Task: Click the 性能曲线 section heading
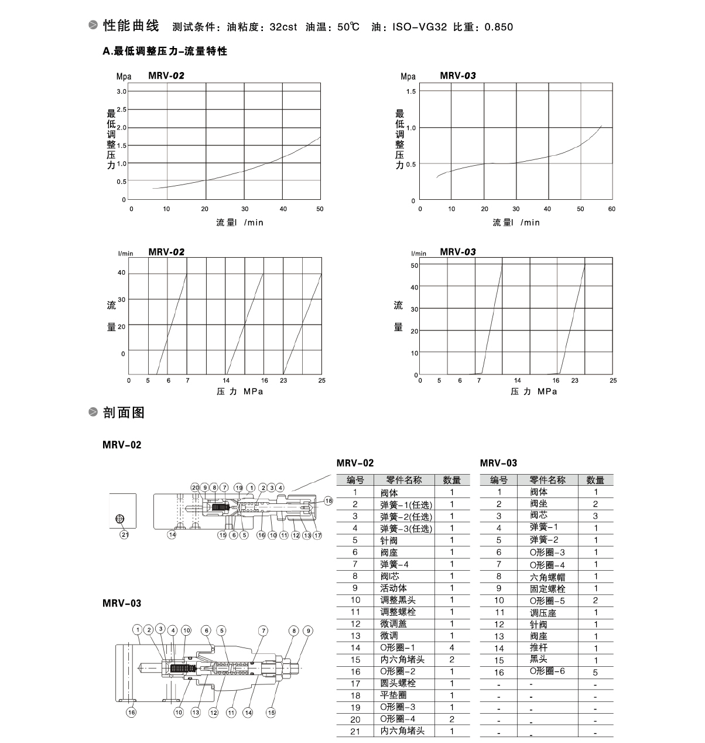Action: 131,26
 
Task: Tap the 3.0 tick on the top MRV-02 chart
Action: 121,91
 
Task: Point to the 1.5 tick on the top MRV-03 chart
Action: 410,91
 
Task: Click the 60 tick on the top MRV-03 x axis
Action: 612,209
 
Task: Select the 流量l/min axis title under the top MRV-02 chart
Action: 239,223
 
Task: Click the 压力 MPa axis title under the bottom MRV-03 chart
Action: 533,391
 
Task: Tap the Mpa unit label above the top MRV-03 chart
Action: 408,76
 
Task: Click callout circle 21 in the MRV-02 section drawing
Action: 124,534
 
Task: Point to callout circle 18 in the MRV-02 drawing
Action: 328,501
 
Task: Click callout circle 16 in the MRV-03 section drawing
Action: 131,713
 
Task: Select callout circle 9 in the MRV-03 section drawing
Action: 308,630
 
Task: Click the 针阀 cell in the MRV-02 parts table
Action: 389,540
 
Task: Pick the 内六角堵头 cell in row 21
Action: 402,731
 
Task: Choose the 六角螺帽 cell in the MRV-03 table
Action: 547,577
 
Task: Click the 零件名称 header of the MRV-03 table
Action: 547,480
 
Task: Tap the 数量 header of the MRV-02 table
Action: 451,480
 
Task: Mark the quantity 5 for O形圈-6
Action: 596,672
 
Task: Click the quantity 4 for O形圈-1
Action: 451,647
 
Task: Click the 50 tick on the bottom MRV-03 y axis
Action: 415,265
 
